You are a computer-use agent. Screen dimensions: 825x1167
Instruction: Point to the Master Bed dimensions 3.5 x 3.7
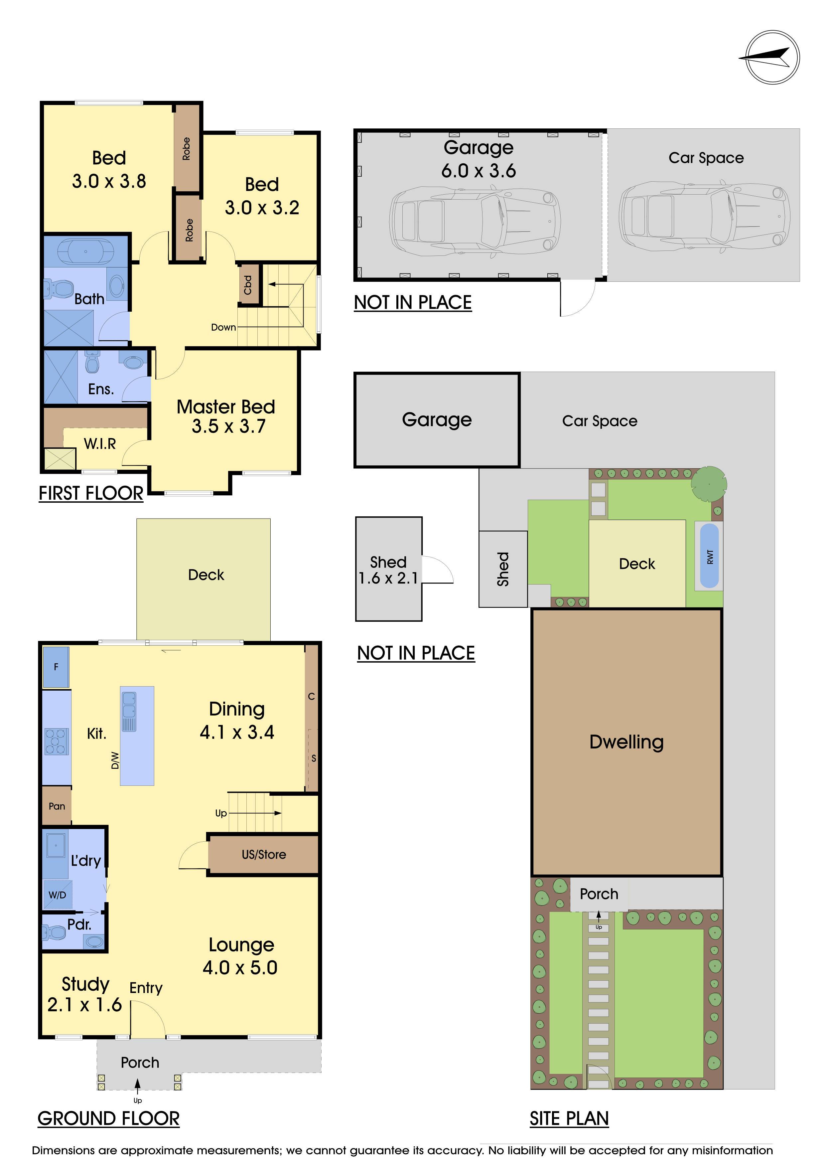[x=228, y=426]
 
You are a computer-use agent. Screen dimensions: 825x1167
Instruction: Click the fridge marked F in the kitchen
[x=56, y=667]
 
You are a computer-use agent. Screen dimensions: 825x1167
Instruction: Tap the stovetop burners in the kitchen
[x=57, y=742]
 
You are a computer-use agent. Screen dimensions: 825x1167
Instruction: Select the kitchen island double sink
[x=129, y=711]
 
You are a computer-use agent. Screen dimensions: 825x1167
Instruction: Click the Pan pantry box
[x=57, y=806]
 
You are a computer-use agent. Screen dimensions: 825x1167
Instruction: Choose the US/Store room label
[x=264, y=854]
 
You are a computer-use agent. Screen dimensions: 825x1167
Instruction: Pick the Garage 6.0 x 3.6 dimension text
[x=479, y=171]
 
